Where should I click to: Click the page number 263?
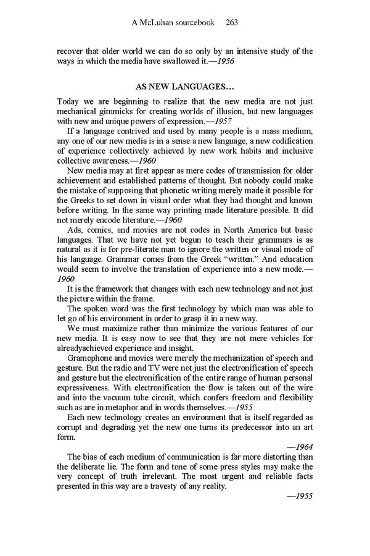(x=232, y=23)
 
